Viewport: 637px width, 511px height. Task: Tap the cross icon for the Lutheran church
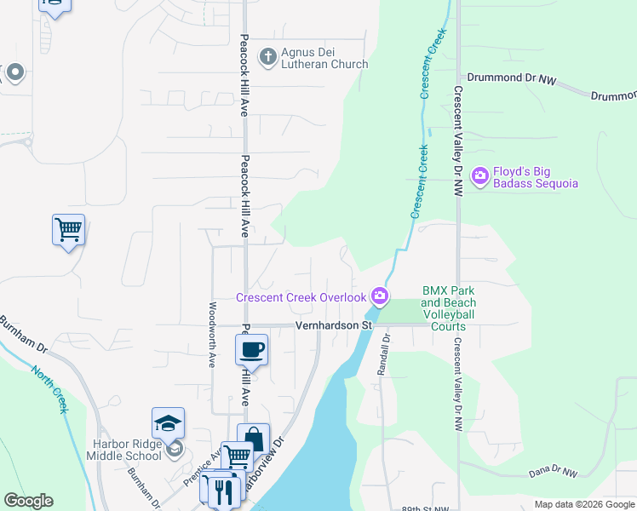[x=267, y=57]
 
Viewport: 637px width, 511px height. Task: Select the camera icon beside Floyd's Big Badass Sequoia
[x=479, y=176]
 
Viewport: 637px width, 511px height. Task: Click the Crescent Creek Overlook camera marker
[x=380, y=296]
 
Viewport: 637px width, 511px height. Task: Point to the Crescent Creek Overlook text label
[x=301, y=297]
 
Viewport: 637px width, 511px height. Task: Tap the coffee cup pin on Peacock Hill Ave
[x=252, y=348]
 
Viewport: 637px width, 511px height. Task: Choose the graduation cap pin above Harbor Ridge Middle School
[x=168, y=422]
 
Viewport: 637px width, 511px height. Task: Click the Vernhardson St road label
[x=335, y=325]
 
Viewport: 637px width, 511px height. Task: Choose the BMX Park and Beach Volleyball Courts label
[x=448, y=308]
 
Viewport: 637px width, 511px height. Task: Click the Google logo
[x=28, y=501]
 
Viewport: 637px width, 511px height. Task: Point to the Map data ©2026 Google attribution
[x=583, y=504]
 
